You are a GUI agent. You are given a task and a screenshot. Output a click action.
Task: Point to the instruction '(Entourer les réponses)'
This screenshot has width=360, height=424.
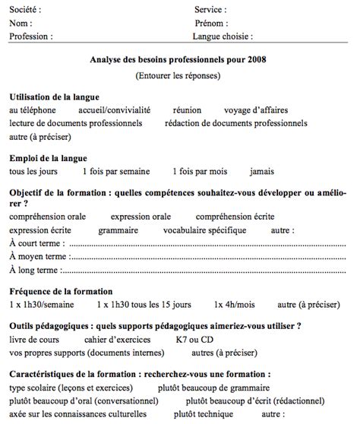(x=178, y=76)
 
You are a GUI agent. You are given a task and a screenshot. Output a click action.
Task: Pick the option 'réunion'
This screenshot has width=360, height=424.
(x=187, y=109)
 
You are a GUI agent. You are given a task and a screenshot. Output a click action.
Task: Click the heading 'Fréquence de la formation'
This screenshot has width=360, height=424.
(x=61, y=291)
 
